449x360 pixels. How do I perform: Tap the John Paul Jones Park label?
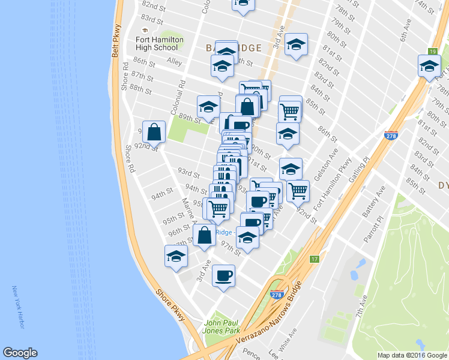tap(223, 327)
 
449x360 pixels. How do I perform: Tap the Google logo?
tap(20, 353)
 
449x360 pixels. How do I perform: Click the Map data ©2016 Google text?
tap(412, 355)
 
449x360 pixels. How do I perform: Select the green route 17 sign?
tap(314, 259)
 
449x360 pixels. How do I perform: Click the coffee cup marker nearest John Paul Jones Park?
tap(223, 276)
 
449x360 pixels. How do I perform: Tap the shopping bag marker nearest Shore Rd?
tap(154, 133)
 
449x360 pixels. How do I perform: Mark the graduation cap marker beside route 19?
tap(429, 66)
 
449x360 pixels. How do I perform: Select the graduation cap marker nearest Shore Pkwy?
tap(176, 256)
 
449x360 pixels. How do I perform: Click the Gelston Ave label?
tap(330, 159)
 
